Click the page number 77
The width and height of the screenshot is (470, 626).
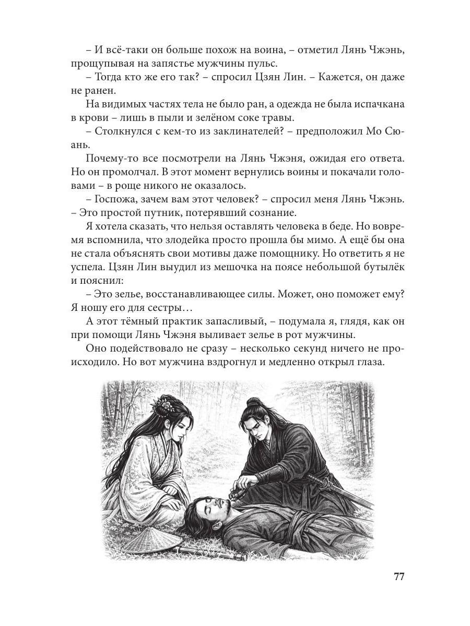tap(398, 577)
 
